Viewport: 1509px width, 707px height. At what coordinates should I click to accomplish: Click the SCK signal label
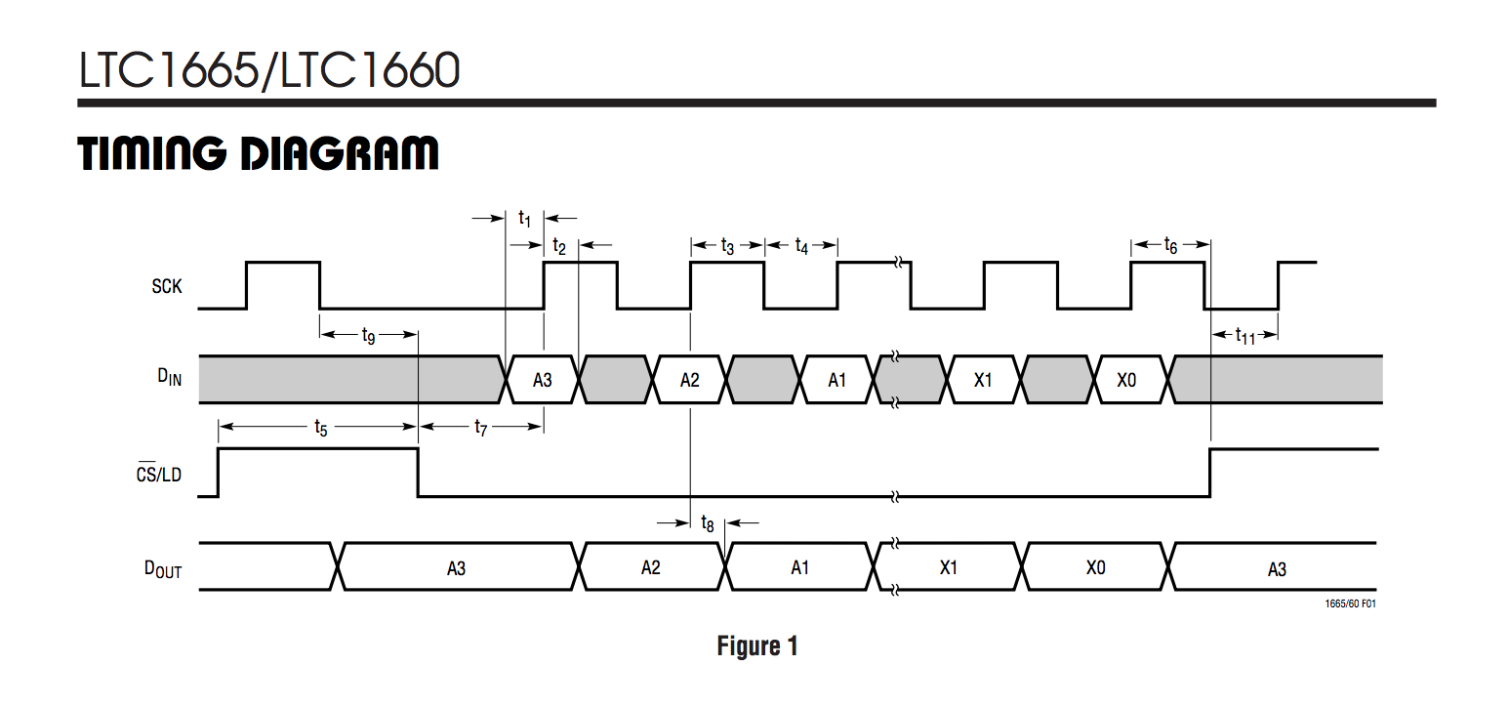tap(166, 286)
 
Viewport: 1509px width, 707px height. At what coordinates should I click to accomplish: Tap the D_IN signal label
tap(168, 380)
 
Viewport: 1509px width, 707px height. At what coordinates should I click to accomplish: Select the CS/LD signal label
tap(158, 475)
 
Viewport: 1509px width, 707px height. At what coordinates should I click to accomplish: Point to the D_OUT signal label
tap(163, 568)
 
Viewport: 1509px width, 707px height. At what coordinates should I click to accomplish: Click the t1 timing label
tap(525, 218)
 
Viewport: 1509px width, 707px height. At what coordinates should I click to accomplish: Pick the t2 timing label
tap(559, 246)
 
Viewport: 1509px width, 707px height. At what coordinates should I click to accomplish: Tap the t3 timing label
tap(727, 246)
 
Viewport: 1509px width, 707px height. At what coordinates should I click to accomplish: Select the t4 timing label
tap(801, 246)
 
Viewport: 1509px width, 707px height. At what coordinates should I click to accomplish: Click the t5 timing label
tap(320, 427)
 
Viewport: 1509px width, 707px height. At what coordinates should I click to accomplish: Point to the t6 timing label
tap(1170, 245)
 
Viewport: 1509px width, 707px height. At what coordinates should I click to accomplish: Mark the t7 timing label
tap(480, 427)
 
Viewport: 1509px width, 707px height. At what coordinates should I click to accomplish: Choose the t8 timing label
tap(708, 523)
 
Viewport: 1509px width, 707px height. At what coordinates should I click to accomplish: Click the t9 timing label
tap(368, 336)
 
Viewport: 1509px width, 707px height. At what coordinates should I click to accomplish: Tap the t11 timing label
tap(1244, 336)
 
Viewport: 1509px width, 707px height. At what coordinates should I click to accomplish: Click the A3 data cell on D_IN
tap(543, 380)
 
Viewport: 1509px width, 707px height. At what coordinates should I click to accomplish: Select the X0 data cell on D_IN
tap(1127, 380)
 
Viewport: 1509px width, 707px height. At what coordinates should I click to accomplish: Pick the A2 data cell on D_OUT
tap(651, 567)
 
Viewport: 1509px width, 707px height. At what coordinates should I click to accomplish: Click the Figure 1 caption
tap(757, 646)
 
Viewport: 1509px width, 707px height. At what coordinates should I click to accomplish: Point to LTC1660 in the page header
tap(370, 70)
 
